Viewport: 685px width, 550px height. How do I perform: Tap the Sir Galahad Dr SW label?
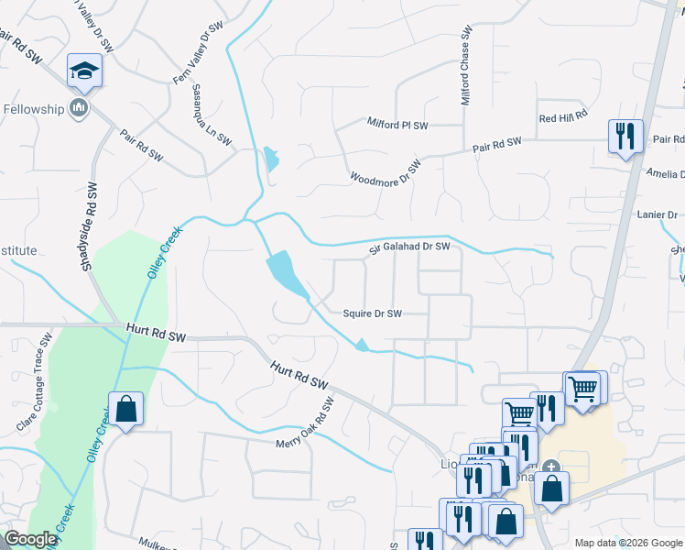pos(409,247)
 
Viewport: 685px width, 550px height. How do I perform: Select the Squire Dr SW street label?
pos(372,313)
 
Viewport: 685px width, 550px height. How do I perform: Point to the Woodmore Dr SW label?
pos(386,170)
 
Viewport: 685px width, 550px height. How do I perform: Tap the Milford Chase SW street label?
pos(466,65)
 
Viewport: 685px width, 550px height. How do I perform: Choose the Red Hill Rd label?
pos(562,118)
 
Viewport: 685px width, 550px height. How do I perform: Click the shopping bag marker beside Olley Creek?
pos(125,410)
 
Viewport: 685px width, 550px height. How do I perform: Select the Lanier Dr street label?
pos(658,214)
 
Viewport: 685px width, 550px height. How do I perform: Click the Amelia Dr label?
pos(664,174)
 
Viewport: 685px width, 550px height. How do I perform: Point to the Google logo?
pos(30,539)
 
